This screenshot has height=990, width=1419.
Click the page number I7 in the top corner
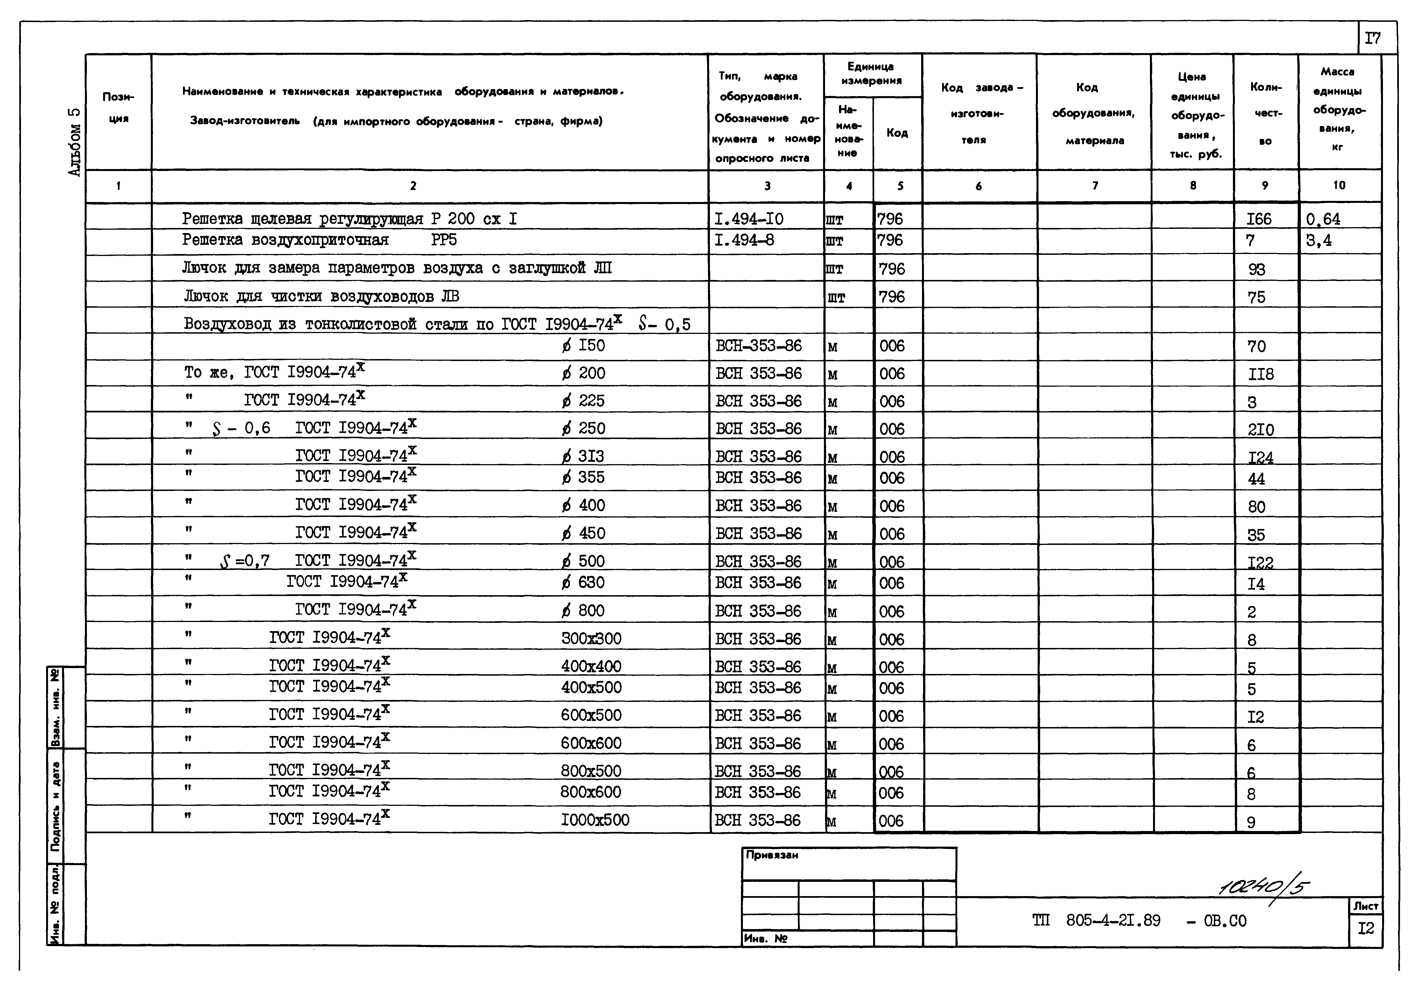point(1372,38)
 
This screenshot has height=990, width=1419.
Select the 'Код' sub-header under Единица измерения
point(897,133)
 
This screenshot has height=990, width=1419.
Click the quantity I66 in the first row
point(1259,219)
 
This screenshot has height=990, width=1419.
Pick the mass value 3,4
point(1318,240)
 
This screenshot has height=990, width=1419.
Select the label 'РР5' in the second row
point(444,240)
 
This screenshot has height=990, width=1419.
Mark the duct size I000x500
point(595,820)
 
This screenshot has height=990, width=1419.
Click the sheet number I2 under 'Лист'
point(1366,928)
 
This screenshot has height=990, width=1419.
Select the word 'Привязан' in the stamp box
point(772,855)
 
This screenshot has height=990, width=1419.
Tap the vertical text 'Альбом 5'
point(74,142)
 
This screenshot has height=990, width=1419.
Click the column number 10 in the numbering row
point(1339,185)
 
